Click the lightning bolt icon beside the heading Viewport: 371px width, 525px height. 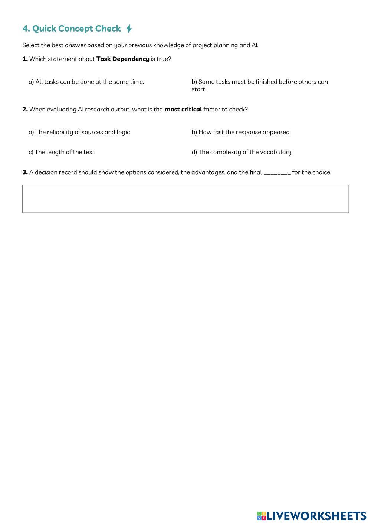coord(129,29)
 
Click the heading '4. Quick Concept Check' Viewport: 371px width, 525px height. coord(72,29)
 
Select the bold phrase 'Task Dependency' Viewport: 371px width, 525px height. coord(123,59)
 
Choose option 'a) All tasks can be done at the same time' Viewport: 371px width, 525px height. coord(86,82)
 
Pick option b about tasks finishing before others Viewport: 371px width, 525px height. coord(259,85)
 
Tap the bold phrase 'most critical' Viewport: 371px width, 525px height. coord(183,110)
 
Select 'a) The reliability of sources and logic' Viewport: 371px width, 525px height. coord(79,132)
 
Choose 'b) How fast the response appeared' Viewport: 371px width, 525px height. coord(240,132)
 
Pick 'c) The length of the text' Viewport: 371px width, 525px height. coord(62,152)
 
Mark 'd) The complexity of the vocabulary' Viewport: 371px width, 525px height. coord(242,152)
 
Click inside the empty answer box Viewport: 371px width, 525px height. coord(185,199)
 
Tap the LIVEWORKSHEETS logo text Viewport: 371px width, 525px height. coord(316,516)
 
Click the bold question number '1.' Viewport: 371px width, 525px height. coord(25,59)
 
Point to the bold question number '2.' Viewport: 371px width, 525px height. coord(25,110)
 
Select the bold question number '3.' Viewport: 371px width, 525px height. coord(25,172)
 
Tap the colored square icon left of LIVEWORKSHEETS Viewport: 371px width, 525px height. coord(262,516)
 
